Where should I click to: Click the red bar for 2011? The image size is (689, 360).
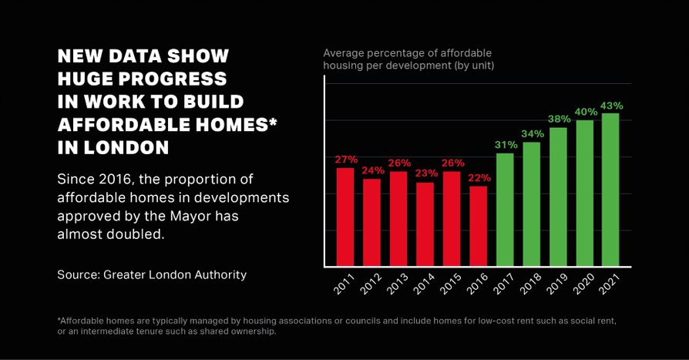pyautogui.click(x=345, y=217)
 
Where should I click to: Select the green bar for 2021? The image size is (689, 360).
pyautogui.click(x=610, y=190)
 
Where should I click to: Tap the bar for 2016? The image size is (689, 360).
pyautogui.click(x=478, y=226)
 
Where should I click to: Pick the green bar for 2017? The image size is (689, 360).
pyautogui.click(x=505, y=210)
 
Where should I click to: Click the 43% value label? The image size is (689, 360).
pyautogui.click(x=611, y=106)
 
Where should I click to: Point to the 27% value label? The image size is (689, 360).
pyautogui.click(x=346, y=160)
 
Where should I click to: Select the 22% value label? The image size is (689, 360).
pyautogui.click(x=479, y=177)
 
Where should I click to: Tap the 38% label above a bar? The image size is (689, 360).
pyautogui.click(x=559, y=119)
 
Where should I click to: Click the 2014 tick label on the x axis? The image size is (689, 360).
pyautogui.click(x=423, y=286)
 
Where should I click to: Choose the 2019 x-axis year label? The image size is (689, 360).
pyautogui.click(x=556, y=286)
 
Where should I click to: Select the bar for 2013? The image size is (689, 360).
pyautogui.click(x=398, y=219)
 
